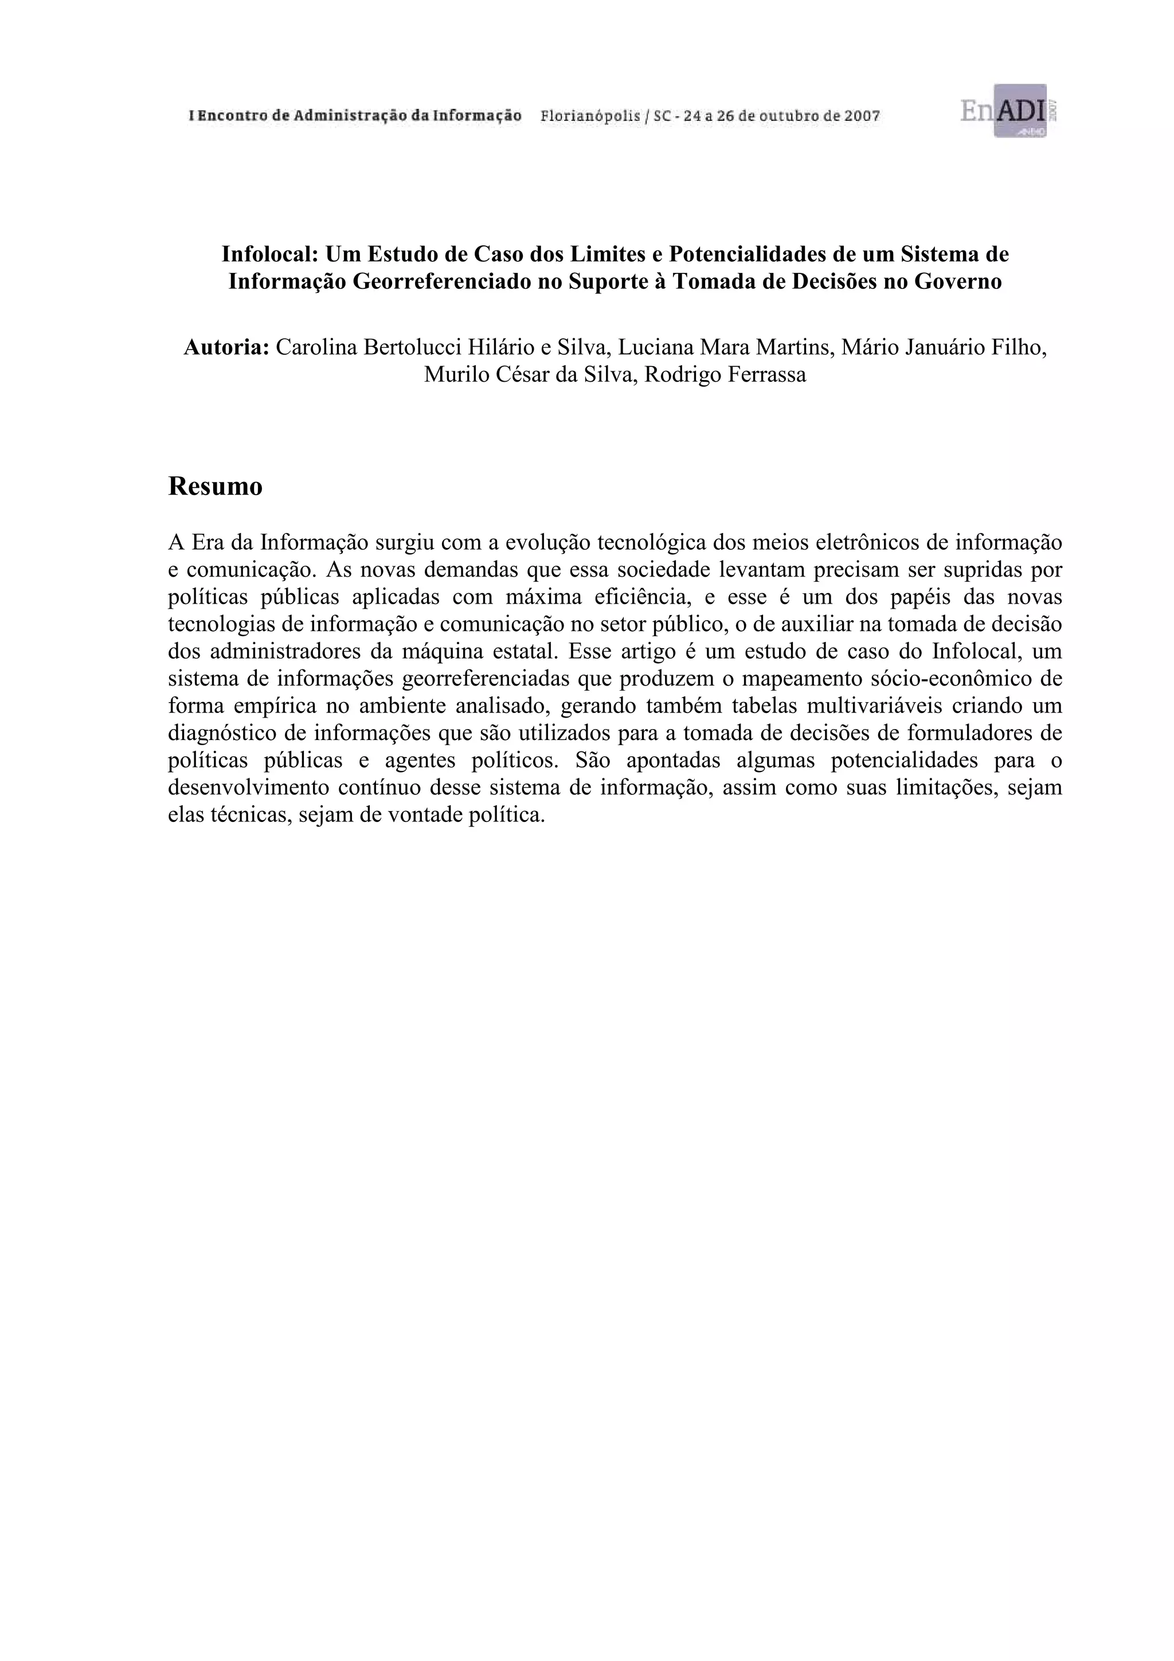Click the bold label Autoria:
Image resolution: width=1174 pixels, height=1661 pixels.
pos(226,348)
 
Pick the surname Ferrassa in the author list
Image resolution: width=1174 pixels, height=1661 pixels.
pos(761,375)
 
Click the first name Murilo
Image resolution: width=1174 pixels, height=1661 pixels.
pos(448,375)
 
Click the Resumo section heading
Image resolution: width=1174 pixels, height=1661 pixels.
pos(216,487)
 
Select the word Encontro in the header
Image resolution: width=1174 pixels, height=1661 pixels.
pos(233,116)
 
